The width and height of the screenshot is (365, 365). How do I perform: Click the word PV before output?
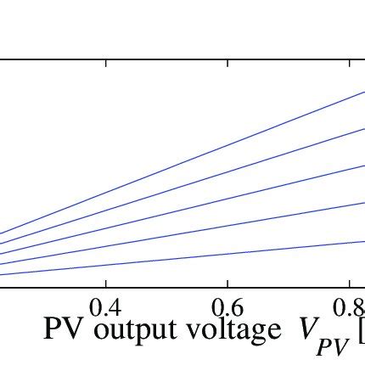(64, 329)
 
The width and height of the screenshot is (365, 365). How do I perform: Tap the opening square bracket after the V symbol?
(361, 331)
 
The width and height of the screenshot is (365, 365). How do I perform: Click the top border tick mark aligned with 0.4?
(106, 63)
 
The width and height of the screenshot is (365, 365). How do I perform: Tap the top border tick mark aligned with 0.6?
(227, 63)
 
